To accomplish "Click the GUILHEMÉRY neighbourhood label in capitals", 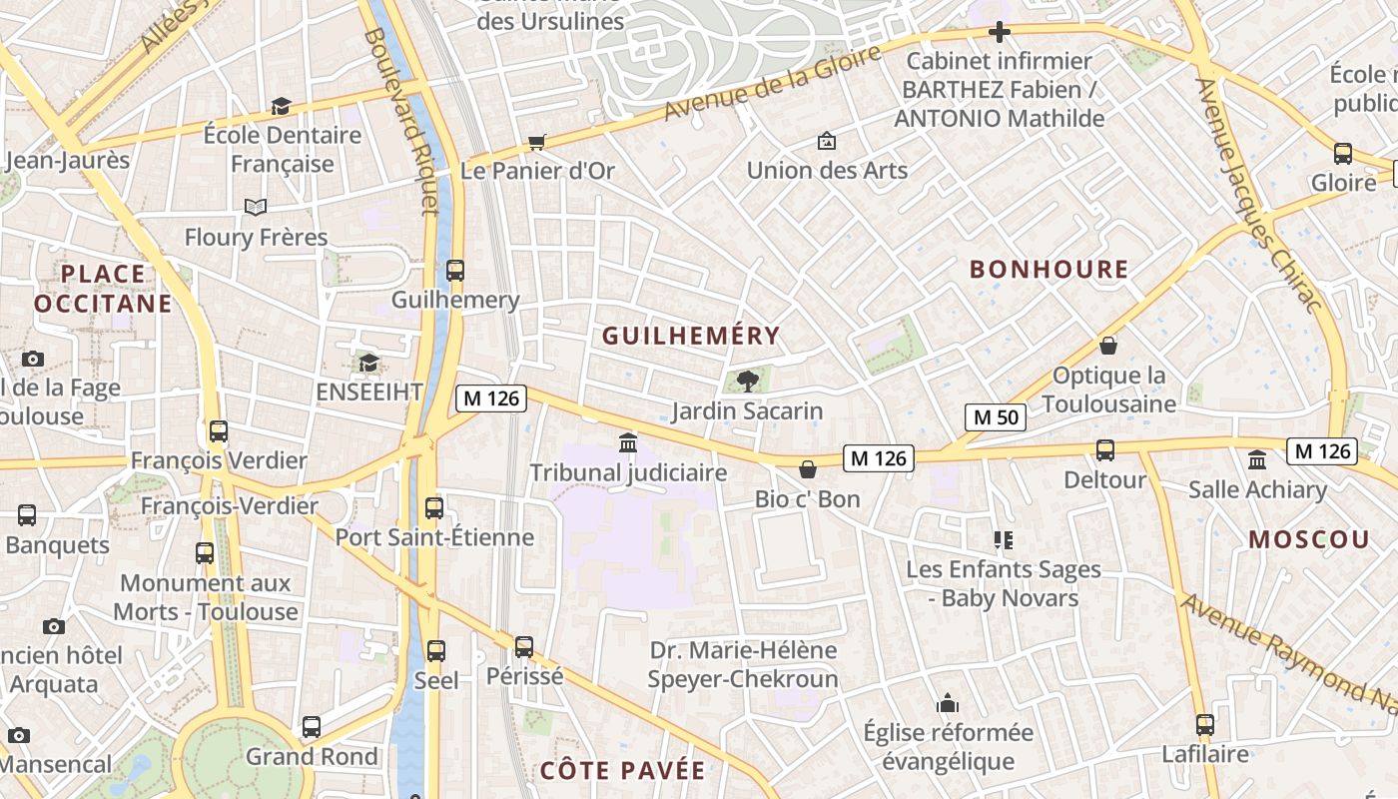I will [x=690, y=336].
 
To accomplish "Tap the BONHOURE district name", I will [x=1048, y=269].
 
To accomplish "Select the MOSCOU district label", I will [x=1309, y=539].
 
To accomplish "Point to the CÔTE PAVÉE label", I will [x=622, y=770].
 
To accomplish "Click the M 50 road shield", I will [x=996, y=416].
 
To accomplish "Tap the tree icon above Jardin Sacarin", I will [x=747, y=380].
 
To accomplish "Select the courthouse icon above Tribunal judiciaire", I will [x=628, y=441].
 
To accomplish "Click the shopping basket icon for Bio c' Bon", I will [x=808, y=468].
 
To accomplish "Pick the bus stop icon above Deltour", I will [x=1105, y=449].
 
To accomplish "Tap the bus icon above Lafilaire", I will [x=1205, y=724].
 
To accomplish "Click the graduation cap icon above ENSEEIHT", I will [x=368, y=362].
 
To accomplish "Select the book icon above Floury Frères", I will [x=256, y=207].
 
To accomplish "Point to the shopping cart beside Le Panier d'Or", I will [x=537, y=142].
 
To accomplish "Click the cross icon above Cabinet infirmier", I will [x=999, y=32].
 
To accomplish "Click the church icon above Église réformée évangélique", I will [x=948, y=703].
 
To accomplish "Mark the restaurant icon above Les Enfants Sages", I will [x=1004, y=540].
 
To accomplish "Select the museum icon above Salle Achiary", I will [x=1257, y=459].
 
